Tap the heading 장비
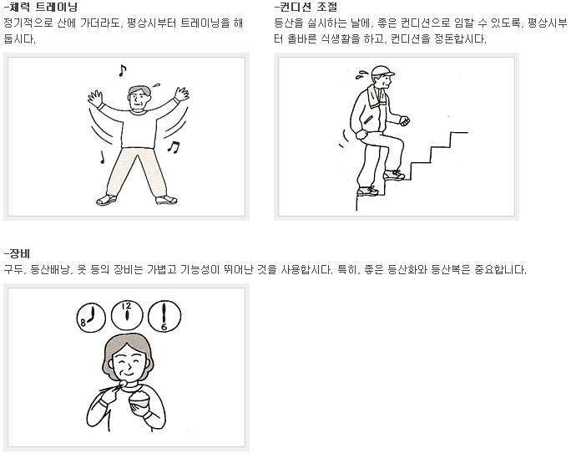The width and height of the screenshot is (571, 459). [x=18, y=253]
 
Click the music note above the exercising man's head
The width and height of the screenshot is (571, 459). [x=122, y=70]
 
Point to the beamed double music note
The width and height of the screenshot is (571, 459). [x=173, y=147]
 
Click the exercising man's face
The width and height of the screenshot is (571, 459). [x=139, y=97]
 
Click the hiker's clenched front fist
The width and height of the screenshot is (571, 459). [x=405, y=120]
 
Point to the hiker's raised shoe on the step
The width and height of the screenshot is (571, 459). [x=393, y=175]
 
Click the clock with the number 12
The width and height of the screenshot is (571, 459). [x=127, y=314]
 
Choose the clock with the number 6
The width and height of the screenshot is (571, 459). [x=164, y=316]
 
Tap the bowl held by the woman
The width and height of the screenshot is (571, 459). [x=139, y=401]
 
